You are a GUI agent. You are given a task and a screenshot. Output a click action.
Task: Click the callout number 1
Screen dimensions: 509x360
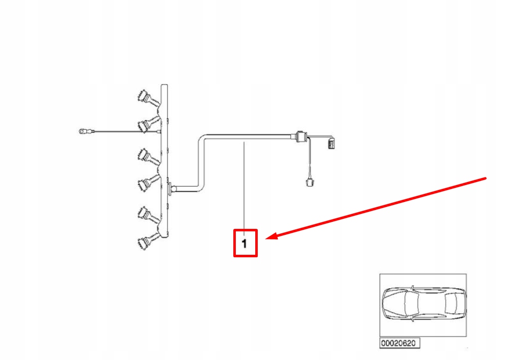(244, 244)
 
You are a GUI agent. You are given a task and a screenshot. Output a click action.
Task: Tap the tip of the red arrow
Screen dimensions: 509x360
(268, 238)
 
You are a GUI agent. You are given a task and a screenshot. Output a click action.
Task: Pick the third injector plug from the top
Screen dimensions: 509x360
(145, 156)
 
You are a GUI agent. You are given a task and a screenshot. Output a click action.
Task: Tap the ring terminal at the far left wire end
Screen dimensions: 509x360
(81, 132)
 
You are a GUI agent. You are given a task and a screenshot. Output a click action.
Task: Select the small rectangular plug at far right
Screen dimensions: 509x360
(332, 144)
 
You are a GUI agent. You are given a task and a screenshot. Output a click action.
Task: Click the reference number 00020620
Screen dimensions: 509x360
(399, 343)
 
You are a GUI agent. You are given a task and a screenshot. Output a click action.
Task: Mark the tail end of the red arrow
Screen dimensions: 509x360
(486, 178)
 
